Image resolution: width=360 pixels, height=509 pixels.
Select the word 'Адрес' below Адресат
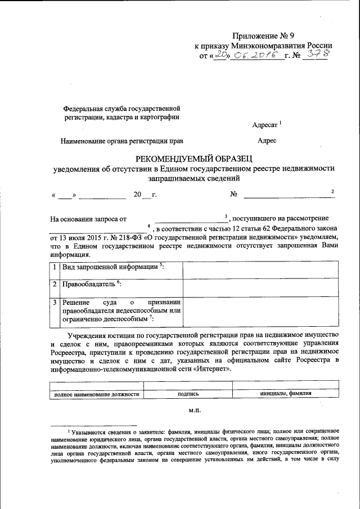pos(267,141)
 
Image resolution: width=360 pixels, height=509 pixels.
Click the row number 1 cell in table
pos(54,267)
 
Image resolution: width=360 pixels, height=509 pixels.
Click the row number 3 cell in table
pos(54,303)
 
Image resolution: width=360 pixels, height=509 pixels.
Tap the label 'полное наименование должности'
pos(96,394)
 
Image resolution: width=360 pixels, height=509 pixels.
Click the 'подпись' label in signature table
pos(188,394)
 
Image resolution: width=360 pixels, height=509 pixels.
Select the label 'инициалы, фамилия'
pos(285,394)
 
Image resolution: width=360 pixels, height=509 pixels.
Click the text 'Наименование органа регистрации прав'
pos(121,141)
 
